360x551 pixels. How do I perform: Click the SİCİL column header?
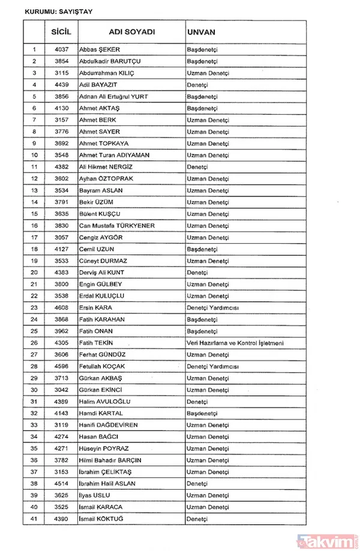pyautogui.click(x=58, y=30)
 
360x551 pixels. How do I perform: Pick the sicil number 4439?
pyautogui.click(x=58, y=85)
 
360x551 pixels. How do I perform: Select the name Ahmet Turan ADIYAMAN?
pyautogui.click(x=114, y=155)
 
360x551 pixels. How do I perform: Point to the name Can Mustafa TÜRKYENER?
pyautogui.click(x=117, y=225)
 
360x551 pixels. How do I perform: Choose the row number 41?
pyautogui.click(x=34, y=519)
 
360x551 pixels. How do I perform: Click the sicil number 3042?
pyautogui.click(x=58, y=390)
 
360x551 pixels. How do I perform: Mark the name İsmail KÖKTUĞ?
pyautogui.click(x=104, y=519)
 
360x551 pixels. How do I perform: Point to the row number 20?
pyautogui.click(x=34, y=272)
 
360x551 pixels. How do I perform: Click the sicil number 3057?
pyautogui.click(x=58, y=237)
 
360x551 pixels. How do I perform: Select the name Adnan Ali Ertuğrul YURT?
pyautogui.click(x=113, y=97)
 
